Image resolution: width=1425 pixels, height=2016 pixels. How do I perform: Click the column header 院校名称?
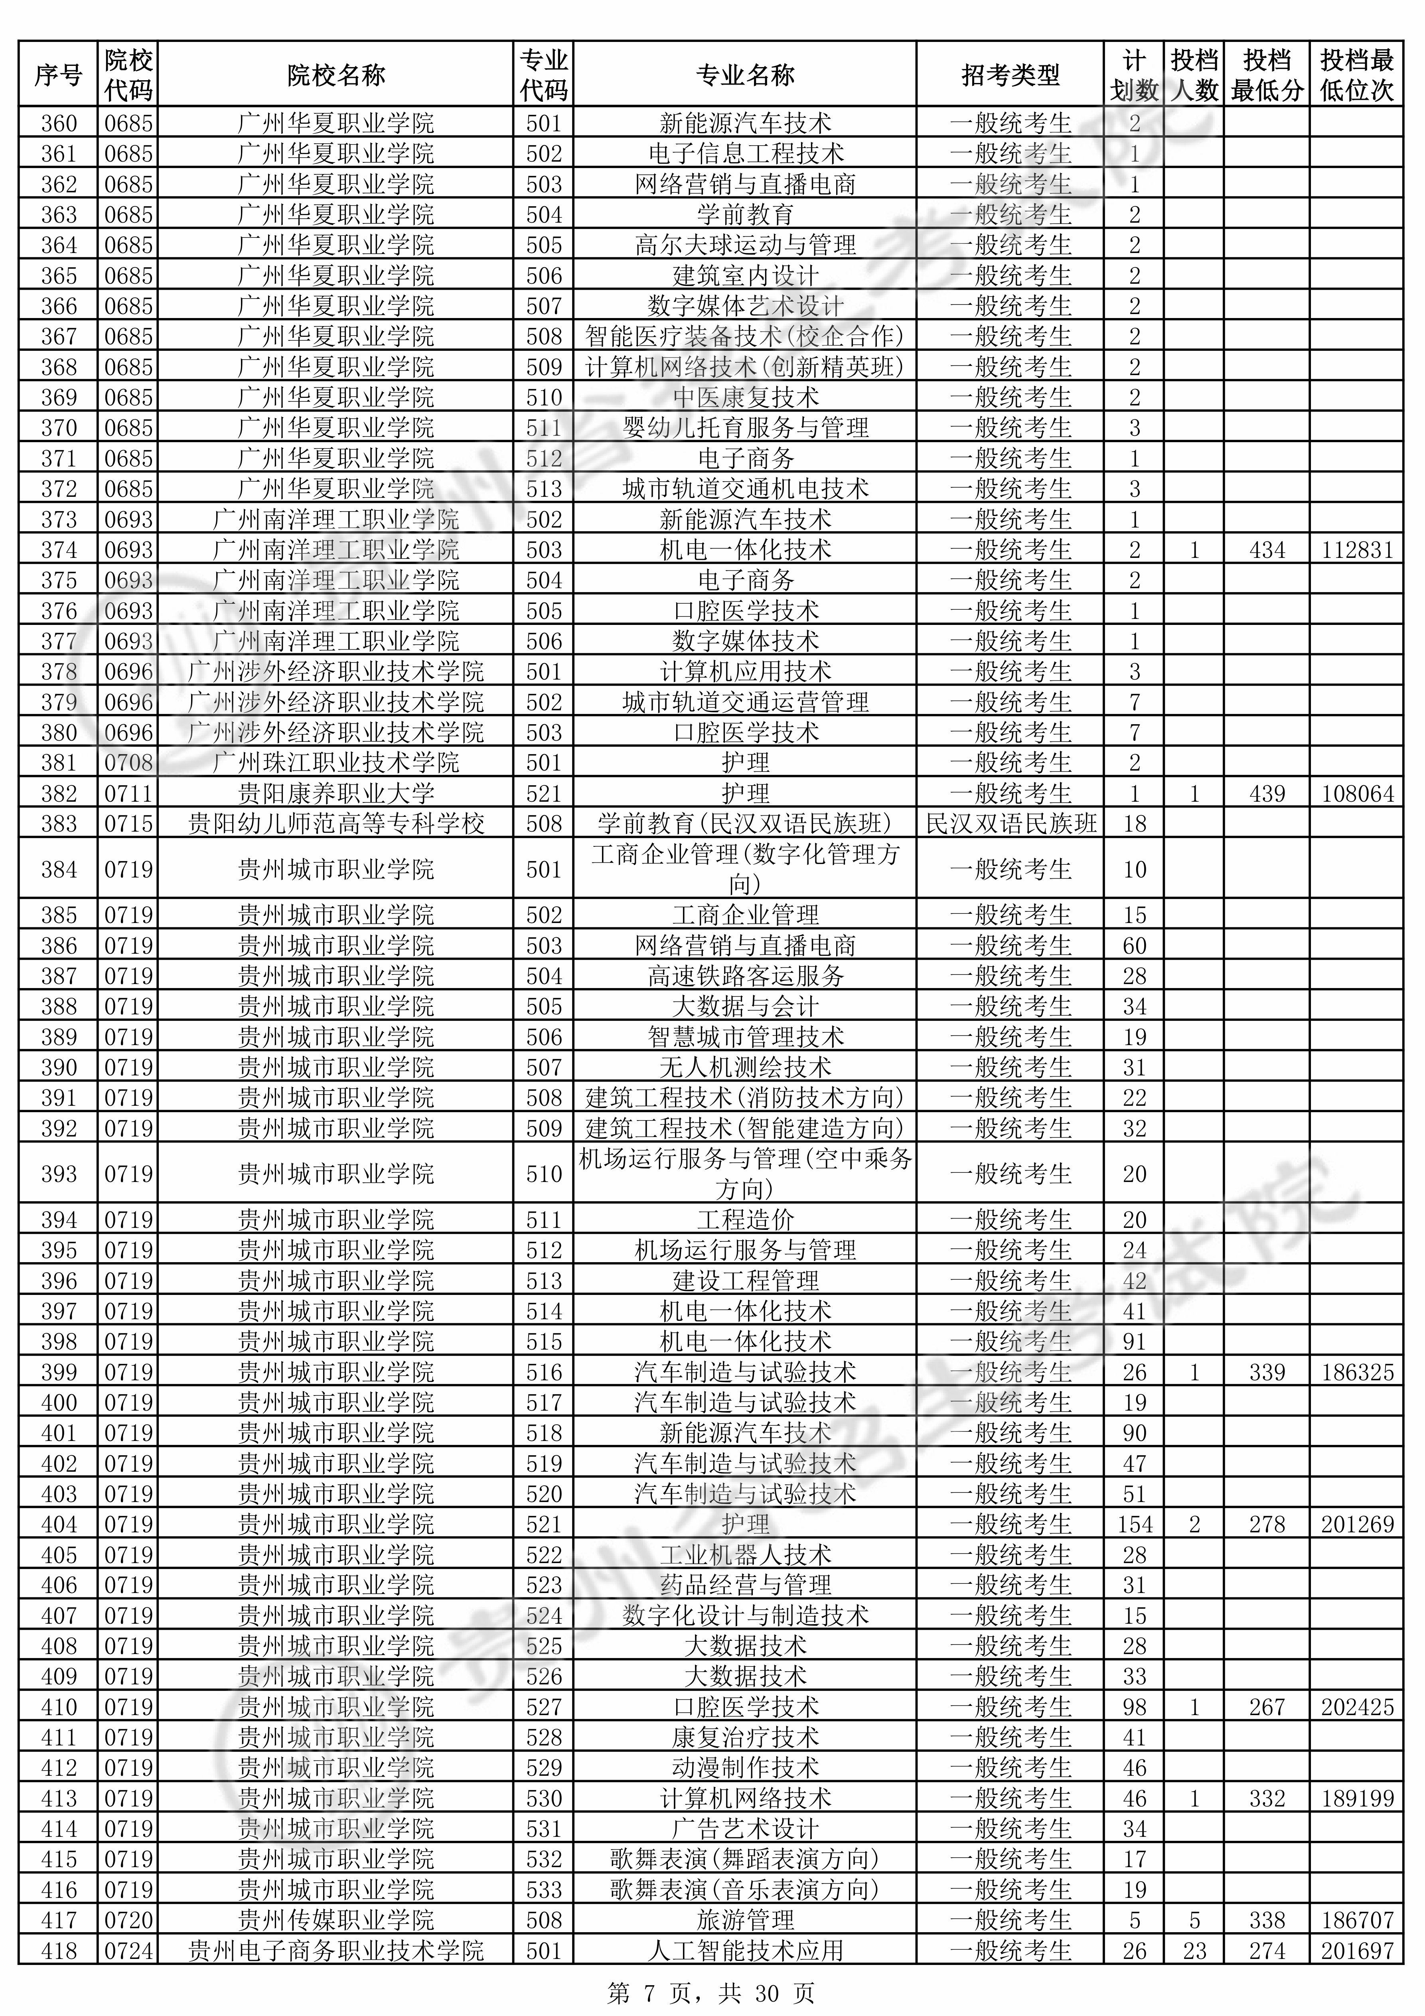(x=336, y=75)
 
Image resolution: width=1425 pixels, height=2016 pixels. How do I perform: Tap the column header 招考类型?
(x=1011, y=75)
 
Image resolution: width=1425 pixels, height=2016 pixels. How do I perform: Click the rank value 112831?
(x=1356, y=551)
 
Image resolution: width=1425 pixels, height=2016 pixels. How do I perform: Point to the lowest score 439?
(x=1267, y=794)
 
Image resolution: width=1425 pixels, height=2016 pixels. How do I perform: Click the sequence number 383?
(x=59, y=824)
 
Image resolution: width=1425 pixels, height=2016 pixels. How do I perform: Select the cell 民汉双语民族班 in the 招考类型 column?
(x=1011, y=824)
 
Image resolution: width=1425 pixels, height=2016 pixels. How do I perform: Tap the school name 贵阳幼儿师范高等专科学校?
(x=336, y=824)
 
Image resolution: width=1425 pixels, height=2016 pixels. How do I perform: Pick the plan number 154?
(x=1135, y=1524)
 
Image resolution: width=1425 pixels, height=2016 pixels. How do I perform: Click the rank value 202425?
(x=1356, y=1708)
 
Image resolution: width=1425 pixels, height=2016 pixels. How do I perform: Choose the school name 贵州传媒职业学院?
(x=336, y=1920)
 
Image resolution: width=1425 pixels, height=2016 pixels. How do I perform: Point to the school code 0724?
(x=128, y=1951)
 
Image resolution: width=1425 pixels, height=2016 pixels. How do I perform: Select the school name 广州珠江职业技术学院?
(x=336, y=763)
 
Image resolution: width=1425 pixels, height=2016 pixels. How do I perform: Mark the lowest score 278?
(x=1267, y=1524)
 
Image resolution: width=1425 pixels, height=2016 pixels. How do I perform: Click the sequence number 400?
(x=59, y=1402)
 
